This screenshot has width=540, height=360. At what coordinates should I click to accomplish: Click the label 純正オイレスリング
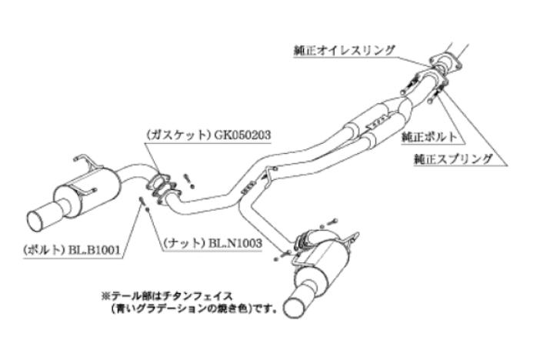pyautogui.click(x=345, y=49)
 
